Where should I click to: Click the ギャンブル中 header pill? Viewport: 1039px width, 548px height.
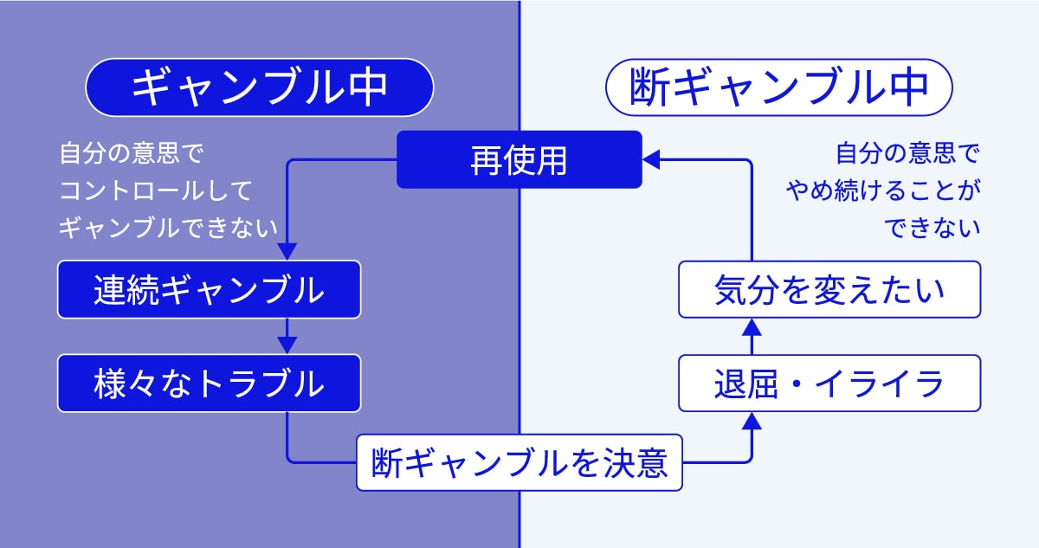tap(259, 87)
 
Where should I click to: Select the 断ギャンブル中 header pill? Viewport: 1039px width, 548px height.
tap(778, 87)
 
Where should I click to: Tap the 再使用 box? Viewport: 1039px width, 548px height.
tap(519, 159)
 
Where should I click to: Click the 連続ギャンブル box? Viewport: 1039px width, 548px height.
tap(209, 289)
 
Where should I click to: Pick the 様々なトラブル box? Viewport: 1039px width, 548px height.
tap(209, 383)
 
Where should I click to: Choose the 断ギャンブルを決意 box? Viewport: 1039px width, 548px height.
tap(519, 463)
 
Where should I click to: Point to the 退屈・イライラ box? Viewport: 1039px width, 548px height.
tap(829, 383)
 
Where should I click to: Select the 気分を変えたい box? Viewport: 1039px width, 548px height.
tap(829, 289)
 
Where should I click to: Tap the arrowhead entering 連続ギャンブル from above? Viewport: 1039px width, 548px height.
tap(287, 251)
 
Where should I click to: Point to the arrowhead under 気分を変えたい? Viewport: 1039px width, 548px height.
tap(752, 327)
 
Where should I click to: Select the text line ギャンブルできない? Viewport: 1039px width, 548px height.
tap(168, 227)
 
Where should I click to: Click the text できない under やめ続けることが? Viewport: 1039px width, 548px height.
tap(933, 227)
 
